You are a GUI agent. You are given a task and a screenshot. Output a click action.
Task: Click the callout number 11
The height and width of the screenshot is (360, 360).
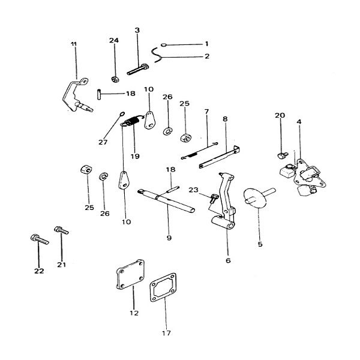pyautogui.click(x=74, y=44)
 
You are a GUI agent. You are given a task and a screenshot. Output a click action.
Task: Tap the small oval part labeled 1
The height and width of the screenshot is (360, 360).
pyautogui.click(x=163, y=45)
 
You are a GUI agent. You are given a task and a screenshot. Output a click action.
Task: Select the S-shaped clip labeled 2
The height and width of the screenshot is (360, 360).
pyautogui.click(x=157, y=55)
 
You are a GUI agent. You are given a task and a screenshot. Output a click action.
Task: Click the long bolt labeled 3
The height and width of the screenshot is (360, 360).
pyautogui.click(x=138, y=70)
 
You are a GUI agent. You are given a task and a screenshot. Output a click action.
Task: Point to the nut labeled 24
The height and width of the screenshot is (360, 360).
pyautogui.click(x=115, y=79)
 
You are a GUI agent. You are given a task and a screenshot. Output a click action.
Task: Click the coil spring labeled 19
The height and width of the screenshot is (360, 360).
pyautogui.click(x=131, y=121)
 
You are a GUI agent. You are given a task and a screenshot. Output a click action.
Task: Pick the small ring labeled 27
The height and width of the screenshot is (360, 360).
pyautogui.click(x=122, y=113)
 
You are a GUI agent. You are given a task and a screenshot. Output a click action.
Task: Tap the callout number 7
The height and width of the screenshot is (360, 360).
pyautogui.click(x=206, y=112)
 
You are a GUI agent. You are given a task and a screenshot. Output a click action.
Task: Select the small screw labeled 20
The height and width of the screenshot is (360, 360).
pyautogui.click(x=283, y=155)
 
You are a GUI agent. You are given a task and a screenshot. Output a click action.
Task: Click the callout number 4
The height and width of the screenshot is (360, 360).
pyautogui.click(x=299, y=122)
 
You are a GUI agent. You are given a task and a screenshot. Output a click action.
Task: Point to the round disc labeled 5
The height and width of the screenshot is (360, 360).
pyautogui.click(x=256, y=197)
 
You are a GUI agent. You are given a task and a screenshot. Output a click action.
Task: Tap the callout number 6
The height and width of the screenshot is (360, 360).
pyautogui.click(x=228, y=260)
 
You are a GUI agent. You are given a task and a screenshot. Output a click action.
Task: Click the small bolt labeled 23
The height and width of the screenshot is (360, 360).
pyautogui.click(x=213, y=198)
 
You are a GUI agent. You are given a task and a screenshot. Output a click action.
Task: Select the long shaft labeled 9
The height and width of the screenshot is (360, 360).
pyautogui.click(x=166, y=201)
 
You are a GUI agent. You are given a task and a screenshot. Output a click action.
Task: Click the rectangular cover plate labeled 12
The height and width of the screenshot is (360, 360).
pyautogui.click(x=130, y=274)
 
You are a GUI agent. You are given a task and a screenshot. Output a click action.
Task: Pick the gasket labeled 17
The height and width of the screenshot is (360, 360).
pyautogui.click(x=163, y=287)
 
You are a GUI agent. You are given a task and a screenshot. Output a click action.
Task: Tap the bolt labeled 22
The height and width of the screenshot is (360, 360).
pyautogui.click(x=39, y=239)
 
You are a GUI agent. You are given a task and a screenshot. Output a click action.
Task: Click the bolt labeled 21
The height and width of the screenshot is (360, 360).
pyautogui.click(x=61, y=230)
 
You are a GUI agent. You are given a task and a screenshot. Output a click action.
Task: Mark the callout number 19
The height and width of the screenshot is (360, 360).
pyautogui.click(x=135, y=156)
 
